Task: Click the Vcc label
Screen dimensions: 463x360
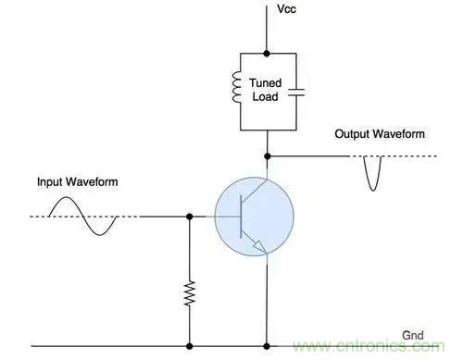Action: (286, 9)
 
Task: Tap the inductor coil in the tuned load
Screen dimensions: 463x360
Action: (236, 87)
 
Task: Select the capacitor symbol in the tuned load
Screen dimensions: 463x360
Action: (296, 93)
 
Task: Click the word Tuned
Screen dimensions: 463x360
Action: (266, 83)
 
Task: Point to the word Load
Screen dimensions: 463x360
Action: (266, 96)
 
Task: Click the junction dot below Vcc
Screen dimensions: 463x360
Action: (267, 54)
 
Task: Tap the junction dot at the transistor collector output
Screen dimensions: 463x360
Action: (268, 156)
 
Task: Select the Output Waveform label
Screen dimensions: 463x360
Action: (380, 134)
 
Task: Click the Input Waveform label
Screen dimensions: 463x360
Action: (78, 181)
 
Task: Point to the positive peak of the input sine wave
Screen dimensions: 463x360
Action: (67, 197)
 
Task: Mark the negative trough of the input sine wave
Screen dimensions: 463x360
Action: (99, 235)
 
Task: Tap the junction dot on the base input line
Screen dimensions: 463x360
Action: (190, 217)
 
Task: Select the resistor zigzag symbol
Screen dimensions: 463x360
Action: (190, 293)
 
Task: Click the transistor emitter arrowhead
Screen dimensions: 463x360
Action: (259, 247)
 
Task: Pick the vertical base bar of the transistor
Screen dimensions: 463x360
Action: (241, 217)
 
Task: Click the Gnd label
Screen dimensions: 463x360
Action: (413, 335)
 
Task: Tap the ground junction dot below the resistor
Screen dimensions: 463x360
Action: (190, 346)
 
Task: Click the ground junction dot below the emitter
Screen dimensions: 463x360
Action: (267, 346)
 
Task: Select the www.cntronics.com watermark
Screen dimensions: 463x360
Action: (369, 346)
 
